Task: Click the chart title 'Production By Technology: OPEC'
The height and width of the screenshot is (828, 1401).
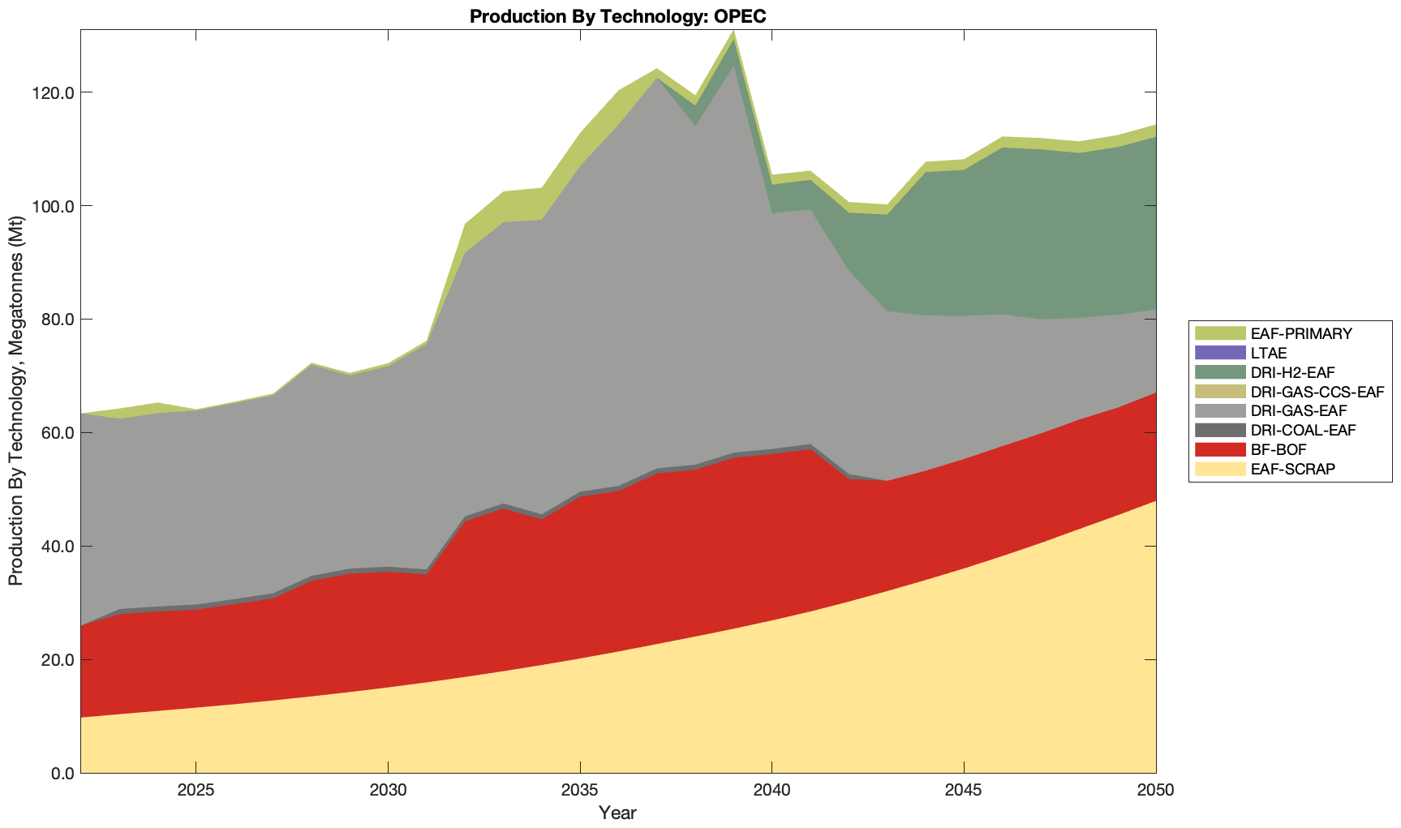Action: pos(617,16)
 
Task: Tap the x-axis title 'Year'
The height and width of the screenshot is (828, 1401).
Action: pos(617,813)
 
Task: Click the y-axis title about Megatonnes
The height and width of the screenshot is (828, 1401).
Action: pos(15,401)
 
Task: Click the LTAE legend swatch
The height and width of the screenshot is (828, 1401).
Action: pos(1219,353)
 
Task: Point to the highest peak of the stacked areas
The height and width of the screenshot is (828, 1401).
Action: pos(733,32)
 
